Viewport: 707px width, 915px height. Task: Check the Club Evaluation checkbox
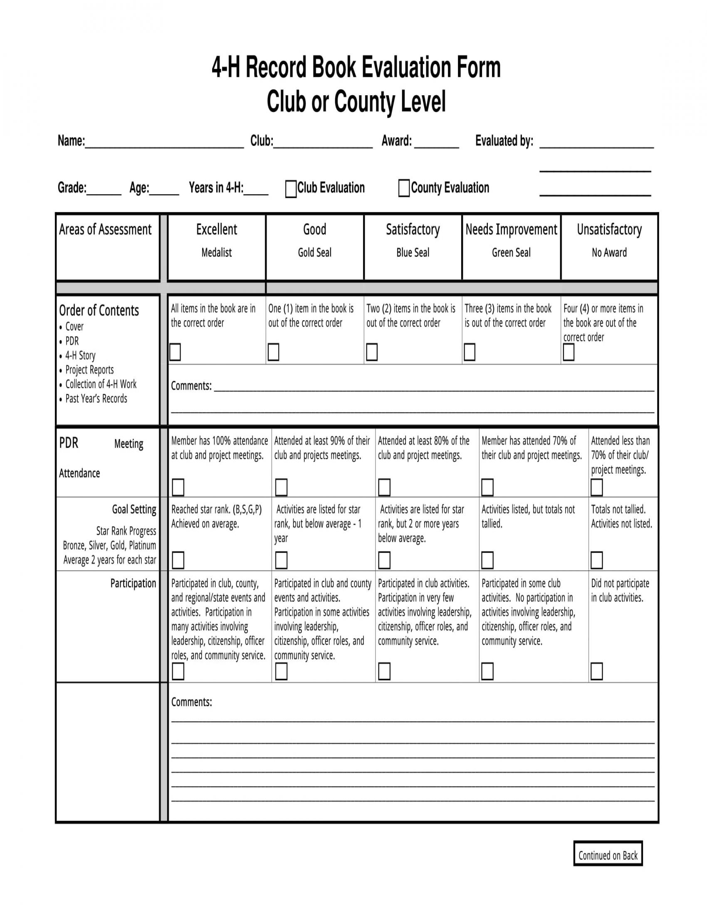(291, 189)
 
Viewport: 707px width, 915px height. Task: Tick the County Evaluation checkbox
(404, 188)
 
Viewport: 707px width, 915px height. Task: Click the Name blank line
(164, 142)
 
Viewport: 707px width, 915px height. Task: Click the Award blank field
(436, 142)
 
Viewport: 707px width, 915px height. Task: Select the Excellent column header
(217, 230)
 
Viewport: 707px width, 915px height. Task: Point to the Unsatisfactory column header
(609, 230)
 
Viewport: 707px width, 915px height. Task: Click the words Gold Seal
(314, 252)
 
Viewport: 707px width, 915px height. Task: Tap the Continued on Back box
(608, 856)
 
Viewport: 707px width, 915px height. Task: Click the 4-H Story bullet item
(80, 356)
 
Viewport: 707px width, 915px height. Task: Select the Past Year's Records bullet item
(96, 399)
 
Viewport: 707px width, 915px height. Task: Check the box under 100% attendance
(178, 487)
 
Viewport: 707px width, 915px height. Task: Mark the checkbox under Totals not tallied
(596, 560)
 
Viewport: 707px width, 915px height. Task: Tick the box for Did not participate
(596, 671)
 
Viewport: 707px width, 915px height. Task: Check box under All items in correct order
(175, 352)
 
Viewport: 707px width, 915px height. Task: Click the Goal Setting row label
(134, 509)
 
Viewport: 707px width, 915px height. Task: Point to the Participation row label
(133, 583)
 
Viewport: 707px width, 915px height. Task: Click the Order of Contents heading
(99, 310)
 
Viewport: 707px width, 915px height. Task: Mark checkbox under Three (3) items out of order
(470, 352)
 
